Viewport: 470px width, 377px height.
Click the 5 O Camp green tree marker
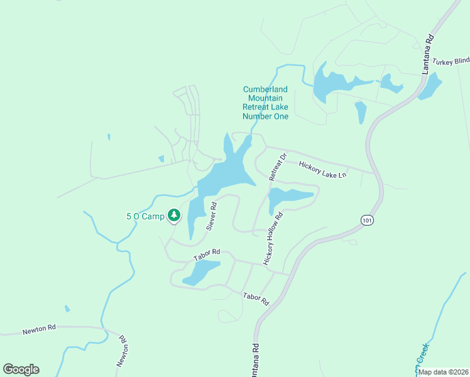174,216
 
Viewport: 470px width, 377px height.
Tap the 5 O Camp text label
145,216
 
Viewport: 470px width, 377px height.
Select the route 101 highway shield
367,219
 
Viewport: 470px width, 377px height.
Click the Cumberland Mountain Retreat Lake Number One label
266,103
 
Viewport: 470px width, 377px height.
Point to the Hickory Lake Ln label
323,170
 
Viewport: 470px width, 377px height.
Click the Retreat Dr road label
278,167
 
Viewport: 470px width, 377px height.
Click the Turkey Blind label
451,61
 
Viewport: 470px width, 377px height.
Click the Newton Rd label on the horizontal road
39,329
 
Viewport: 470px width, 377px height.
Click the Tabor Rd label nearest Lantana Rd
256,298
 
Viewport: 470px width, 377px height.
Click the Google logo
21,369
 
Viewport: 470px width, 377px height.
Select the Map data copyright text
443,372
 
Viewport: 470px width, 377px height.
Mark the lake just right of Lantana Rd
430,87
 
